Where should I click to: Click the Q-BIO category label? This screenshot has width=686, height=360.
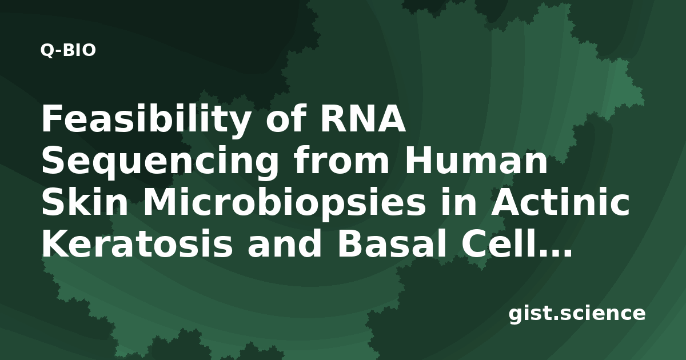point(68,50)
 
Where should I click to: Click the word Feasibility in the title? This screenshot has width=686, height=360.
point(145,119)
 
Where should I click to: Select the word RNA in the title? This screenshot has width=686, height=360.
point(363,118)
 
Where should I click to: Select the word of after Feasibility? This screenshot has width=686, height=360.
point(286,118)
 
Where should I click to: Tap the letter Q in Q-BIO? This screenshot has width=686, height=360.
point(47,51)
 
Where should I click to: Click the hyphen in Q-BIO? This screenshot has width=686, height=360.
point(59,52)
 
